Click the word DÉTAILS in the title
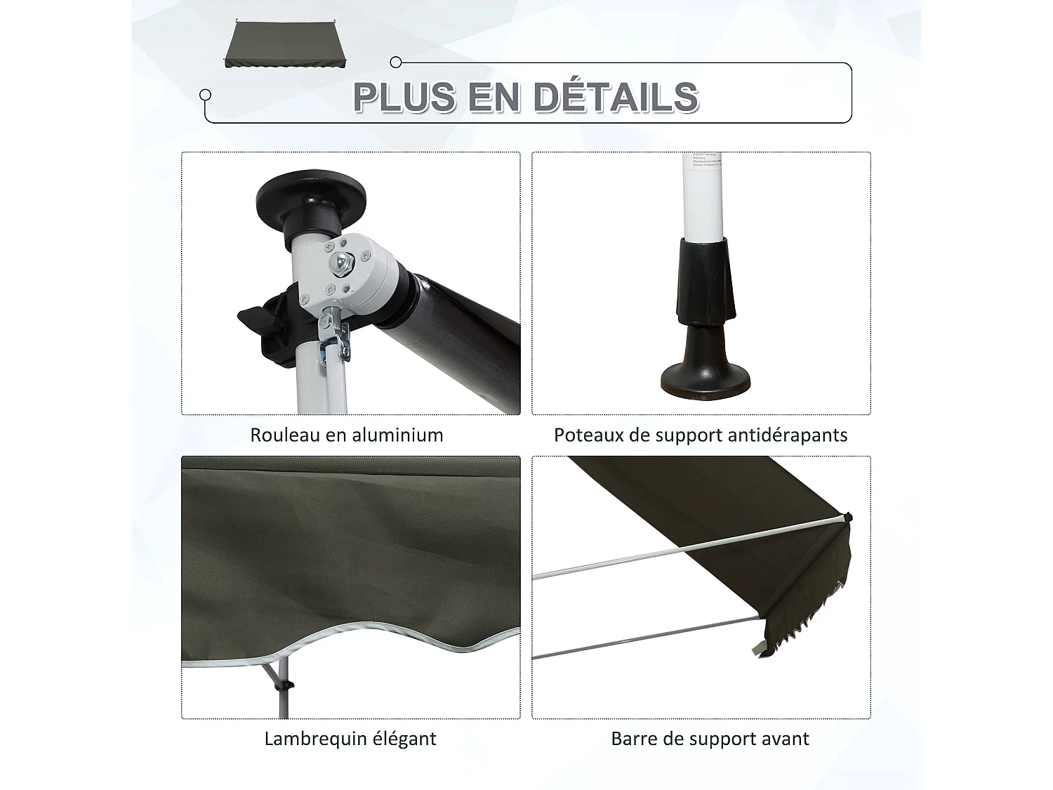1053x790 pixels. [616, 97]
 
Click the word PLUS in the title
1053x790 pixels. [404, 97]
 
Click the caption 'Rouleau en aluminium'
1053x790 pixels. [347, 435]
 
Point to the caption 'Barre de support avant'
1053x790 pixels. [710, 739]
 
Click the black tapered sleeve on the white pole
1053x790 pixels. [705, 281]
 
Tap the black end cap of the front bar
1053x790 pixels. [848, 518]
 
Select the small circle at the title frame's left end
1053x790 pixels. [206, 95]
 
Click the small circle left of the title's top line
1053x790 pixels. [396, 62]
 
